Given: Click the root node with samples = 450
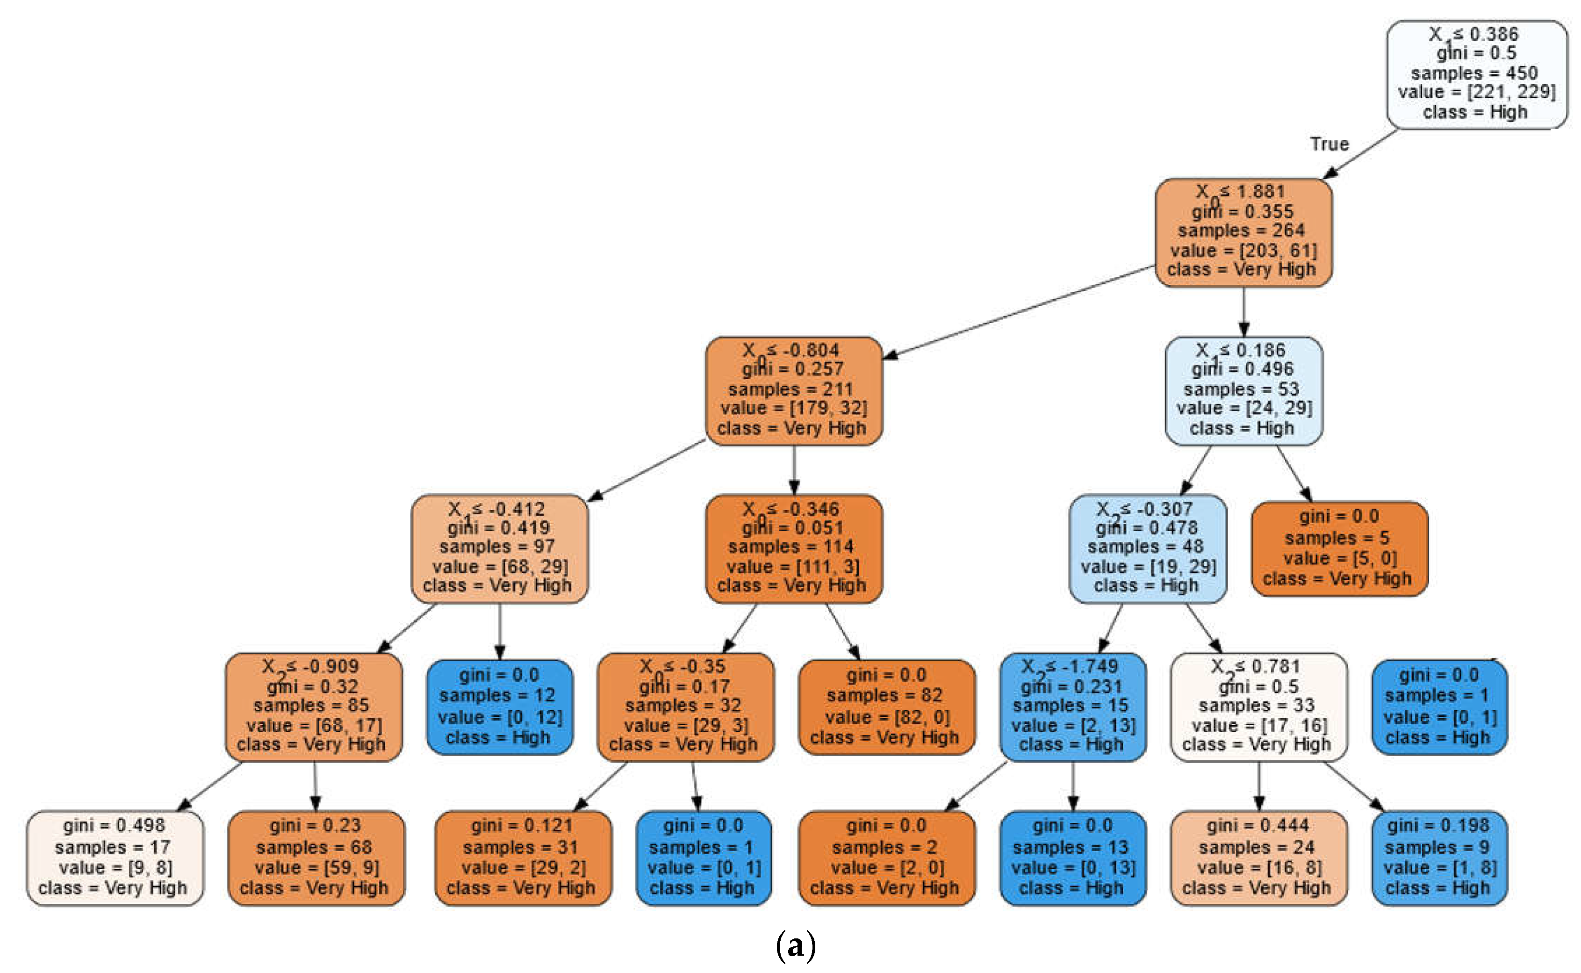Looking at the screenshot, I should click(1476, 74).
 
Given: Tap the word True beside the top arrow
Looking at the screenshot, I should click(1329, 144).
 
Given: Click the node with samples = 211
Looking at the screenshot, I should click(793, 390).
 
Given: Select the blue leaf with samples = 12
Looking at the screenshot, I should click(499, 706).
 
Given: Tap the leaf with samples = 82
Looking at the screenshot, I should click(886, 706).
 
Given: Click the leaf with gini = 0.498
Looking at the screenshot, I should click(115, 858).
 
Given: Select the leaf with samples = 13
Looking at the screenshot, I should click(1072, 858).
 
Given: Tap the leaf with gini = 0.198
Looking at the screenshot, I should click(1439, 858).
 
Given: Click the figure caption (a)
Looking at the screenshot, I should click(796, 946).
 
